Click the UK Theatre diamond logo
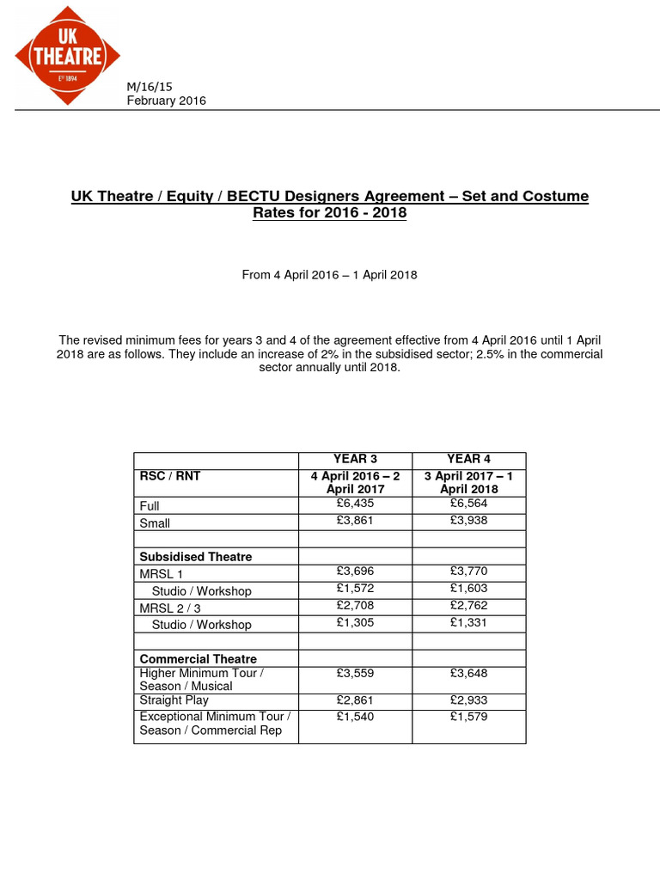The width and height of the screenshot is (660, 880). coord(68,55)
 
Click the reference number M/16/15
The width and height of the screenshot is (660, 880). coord(150,87)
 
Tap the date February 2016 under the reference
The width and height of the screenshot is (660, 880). coord(167,101)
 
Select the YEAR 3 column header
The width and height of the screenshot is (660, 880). coord(355,459)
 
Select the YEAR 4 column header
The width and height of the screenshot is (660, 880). coord(469,459)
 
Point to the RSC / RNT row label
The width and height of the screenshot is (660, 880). coord(170,476)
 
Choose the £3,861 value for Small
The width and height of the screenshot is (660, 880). coord(355,521)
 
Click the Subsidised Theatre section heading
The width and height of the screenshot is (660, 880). coord(196,556)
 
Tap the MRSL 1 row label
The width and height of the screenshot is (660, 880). coord(162,573)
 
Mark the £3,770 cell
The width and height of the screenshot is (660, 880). coord(469,571)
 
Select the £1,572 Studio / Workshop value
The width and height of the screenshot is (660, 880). coord(355,589)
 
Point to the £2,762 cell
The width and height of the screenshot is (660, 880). coord(469,606)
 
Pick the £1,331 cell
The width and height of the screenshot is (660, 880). coord(469,622)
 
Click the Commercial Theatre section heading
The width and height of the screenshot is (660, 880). coord(199,659)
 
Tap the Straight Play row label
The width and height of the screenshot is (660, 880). coord(174,700)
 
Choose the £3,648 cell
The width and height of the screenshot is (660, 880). coord(469,674)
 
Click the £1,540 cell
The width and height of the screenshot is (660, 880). coord(355,716)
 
